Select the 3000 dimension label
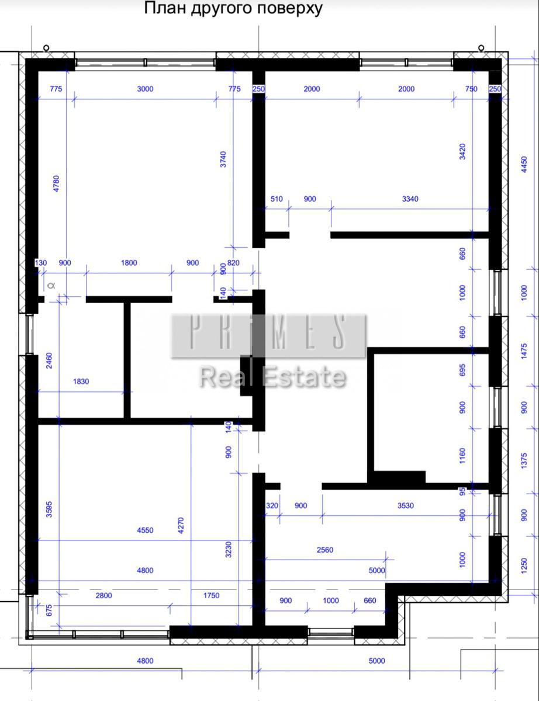tap(145, 89)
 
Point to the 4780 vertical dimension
tap(56, 183)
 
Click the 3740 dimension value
tap(223, 159)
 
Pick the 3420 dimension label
tap(462, 152)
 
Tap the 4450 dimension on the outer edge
tap(524, 165)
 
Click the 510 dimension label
tap(277, 199)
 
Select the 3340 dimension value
tap(410, 199)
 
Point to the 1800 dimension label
tap(129, 263)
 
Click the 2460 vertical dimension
tap(49, 360)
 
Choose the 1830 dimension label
tap(81, 381)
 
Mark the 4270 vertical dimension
tap(181, 525)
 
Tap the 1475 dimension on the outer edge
tap(524, 351)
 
